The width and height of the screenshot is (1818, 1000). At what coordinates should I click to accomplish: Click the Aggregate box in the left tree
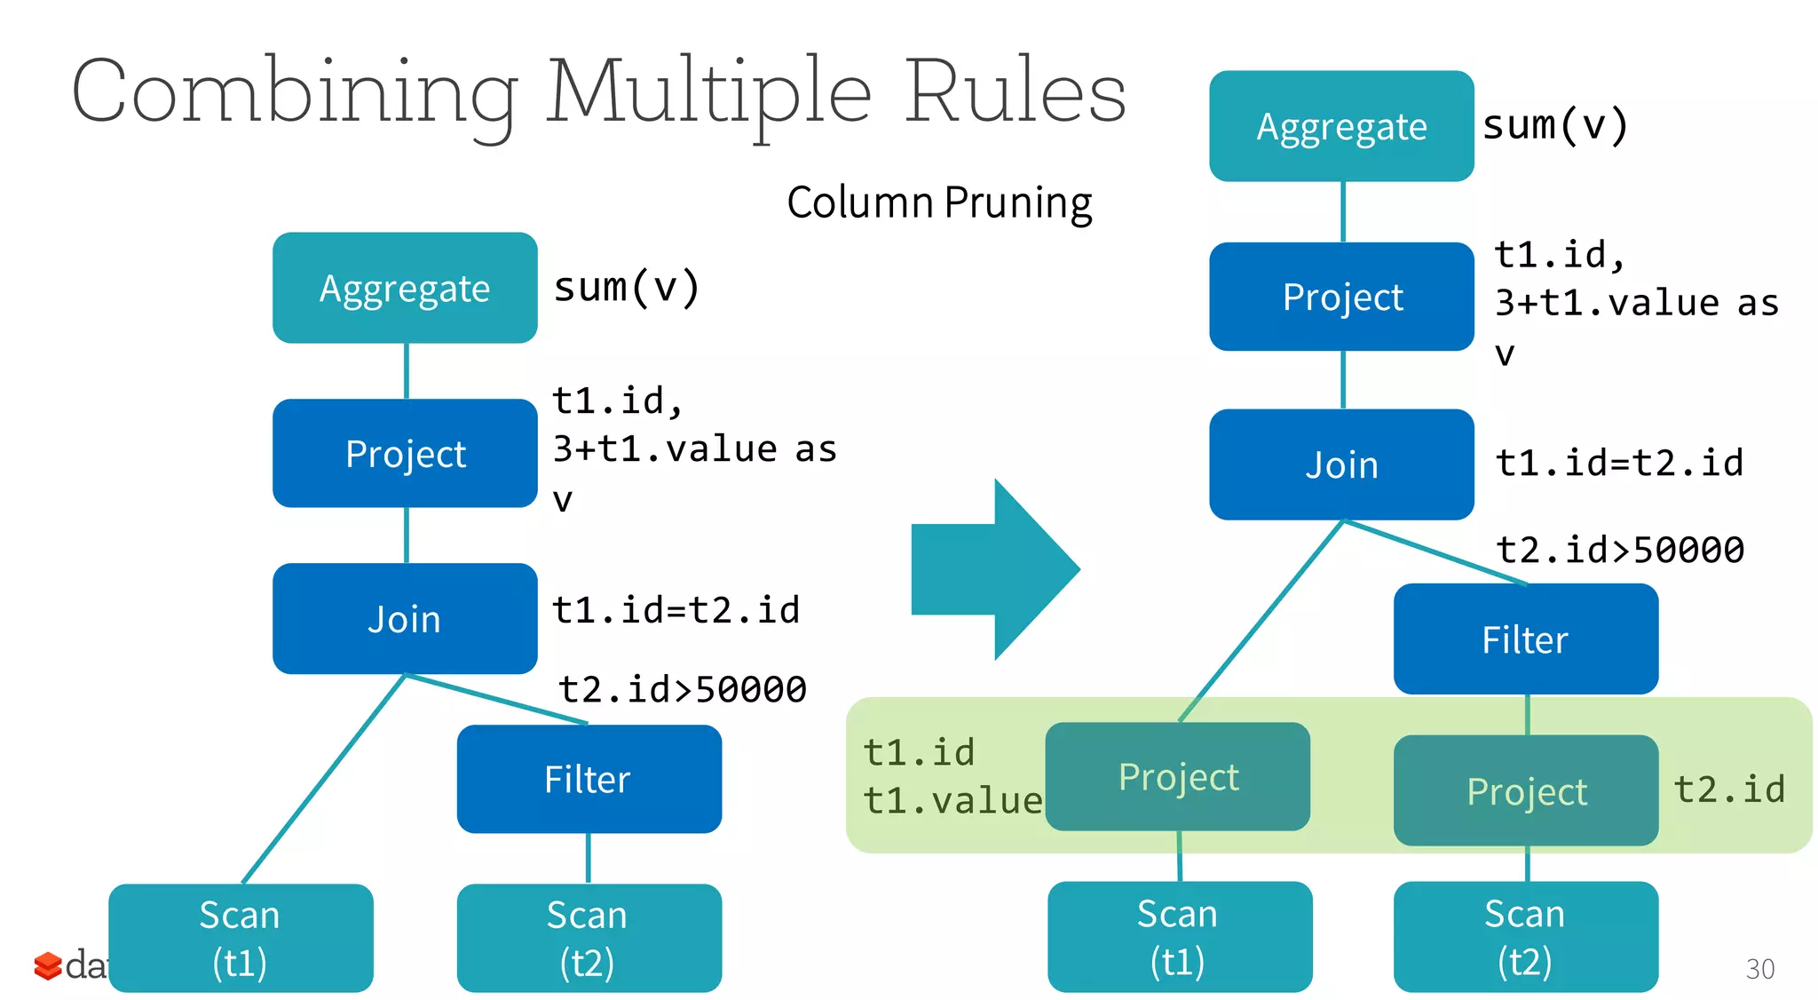[405, 288]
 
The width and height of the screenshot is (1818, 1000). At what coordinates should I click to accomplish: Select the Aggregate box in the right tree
[1341, 126]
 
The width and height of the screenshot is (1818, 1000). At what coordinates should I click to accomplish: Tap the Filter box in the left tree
[589, 779]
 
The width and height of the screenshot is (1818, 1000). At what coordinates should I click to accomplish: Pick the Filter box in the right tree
[1525, 639]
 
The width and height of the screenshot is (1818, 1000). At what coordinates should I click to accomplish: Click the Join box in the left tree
[405, 618]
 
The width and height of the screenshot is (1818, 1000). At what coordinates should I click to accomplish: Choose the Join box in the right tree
[1341, 464]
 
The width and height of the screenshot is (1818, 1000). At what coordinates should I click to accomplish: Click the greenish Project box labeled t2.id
[1525, 790]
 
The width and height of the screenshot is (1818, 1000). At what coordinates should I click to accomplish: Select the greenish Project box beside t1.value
[1177, 776]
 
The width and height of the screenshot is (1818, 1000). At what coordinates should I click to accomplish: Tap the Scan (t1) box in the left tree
[241, 937]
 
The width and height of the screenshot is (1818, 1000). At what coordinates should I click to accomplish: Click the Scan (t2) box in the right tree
[1525, 936]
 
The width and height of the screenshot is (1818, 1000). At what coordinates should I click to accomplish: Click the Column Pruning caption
[939, 202]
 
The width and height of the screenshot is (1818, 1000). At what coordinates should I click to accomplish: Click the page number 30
[1759, 968]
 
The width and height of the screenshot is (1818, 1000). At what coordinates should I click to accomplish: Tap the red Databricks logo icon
[47, 965]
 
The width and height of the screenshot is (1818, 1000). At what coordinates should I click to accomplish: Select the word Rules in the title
[1015, 91]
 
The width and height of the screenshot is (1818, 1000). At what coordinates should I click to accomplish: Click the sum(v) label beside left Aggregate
[627, 287]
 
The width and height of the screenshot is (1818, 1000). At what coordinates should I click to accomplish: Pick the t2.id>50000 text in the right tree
[1620, 549]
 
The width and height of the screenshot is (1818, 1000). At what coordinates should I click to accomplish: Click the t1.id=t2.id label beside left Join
[676, 610]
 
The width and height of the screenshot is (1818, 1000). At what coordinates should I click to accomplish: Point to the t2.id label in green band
[1728, 789]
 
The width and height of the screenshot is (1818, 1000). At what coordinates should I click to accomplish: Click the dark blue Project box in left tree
[405, 453]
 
